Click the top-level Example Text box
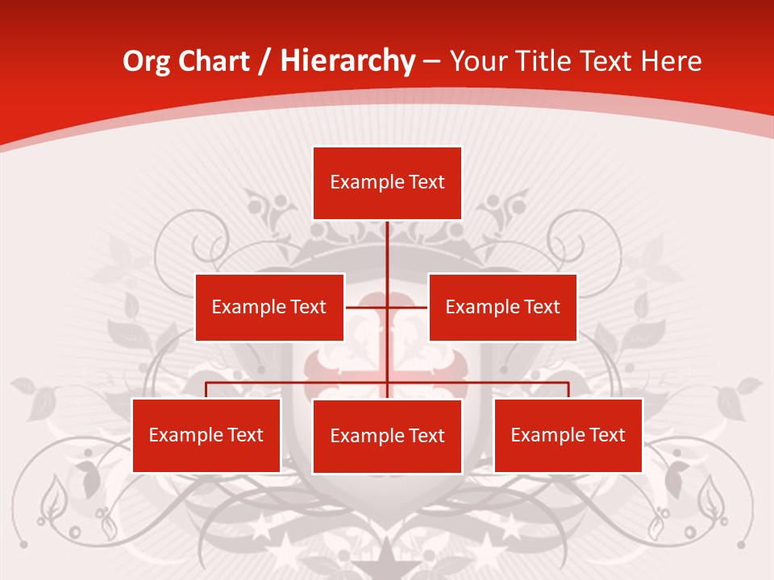point(387,183)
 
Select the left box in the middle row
point(269,307)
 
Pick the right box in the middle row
point(502,307)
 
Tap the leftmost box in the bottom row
point(206,435)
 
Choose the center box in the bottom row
point(387,436)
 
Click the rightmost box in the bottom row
point(568,435)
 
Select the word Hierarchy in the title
point(347,61)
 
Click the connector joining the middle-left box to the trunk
point(366,307)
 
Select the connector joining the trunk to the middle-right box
point(408,307)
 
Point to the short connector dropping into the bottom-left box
point(206,390)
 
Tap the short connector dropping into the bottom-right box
point(568,390)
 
